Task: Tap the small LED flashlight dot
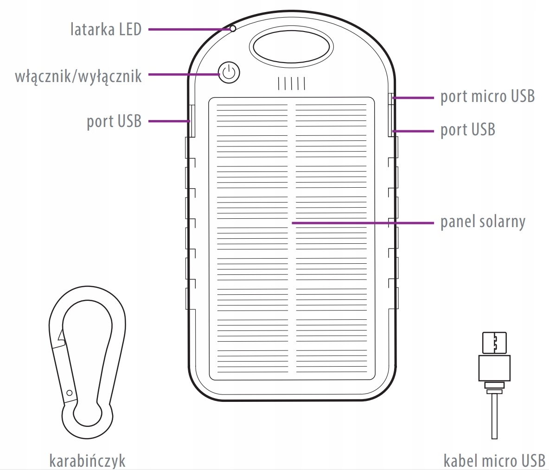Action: [x=233, y=29]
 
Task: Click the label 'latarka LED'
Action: [x=106, y=30]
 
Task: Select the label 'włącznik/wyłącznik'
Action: [x=78, y=75]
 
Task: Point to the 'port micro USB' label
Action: [x=487, y=96]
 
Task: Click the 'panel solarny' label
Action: [x=483, y=222]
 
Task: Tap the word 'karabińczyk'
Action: [x=87, y=461]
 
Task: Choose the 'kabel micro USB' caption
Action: [x=494, y=461]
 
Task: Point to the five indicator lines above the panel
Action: [x=291, y=83]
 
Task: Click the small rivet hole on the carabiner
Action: [x=70, y=393]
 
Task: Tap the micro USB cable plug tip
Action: [x=494, y=343]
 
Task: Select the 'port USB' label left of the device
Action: [x=114, y=121]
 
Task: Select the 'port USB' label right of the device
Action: [x=467, y=130]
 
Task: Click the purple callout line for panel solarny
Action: [x=362, y=222]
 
